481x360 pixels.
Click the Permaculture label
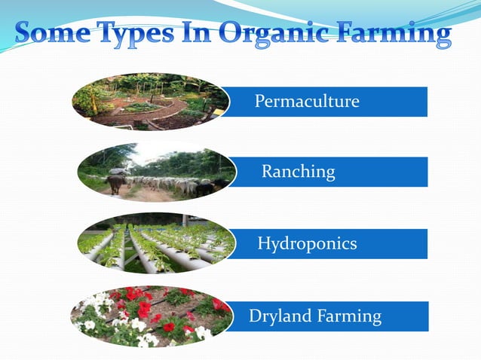[306, 101]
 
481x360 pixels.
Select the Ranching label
[298, 172]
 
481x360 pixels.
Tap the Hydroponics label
[307, 244]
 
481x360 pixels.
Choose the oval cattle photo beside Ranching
[155, 172]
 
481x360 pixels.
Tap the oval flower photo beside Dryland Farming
[151, 316]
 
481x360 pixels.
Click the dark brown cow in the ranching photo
[115, 184]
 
